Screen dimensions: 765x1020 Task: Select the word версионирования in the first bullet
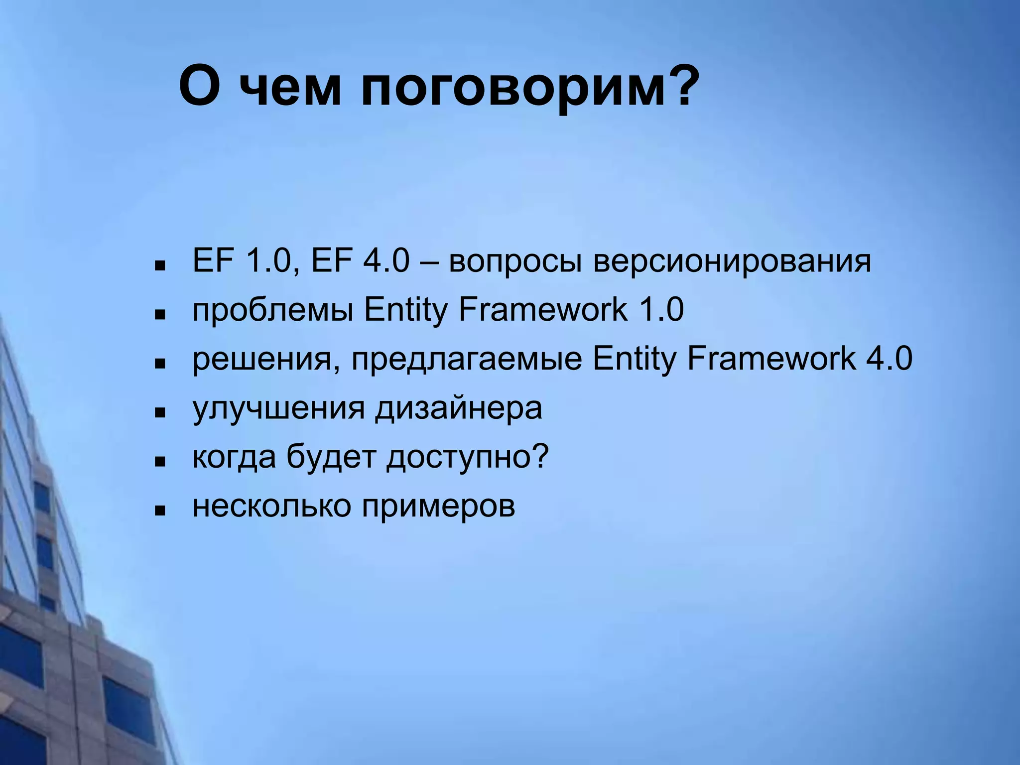[x=732, y=261]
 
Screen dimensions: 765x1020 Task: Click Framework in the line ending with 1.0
[x=543, y=310]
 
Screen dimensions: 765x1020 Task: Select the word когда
[x=234, y=457]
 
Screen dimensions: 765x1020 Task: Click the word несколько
[x=271, y=507]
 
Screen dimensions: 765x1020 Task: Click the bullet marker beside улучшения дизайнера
[x=160, y=413]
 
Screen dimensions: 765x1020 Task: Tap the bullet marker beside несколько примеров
[x=160, y=510]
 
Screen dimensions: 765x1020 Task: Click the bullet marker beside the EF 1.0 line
[x=160, y=266]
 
